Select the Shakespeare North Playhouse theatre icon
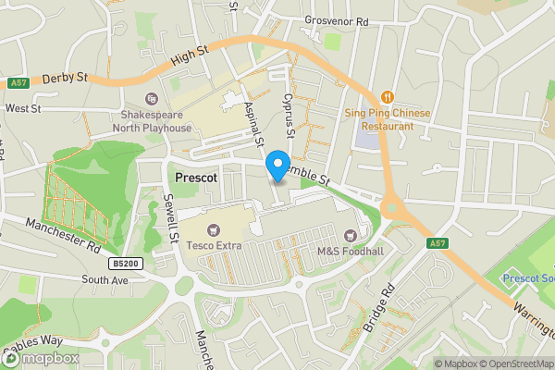click(152, 99)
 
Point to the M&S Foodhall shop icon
click(350, 237)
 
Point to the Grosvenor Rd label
click(335, 20)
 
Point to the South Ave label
click(104, 279)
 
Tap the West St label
click(23, 108)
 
